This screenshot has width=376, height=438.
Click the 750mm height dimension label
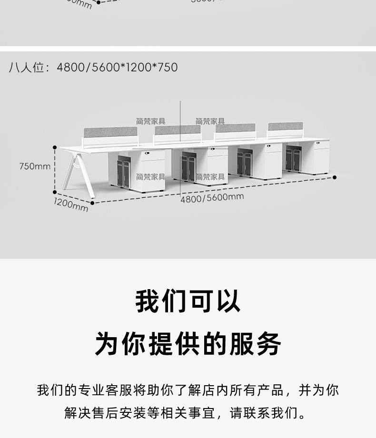pos(35,166)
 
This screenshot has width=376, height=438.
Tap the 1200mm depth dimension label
pos(70,204)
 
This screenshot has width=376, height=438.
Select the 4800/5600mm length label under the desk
pos(212,198)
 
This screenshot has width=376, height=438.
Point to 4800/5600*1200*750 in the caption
pos(117,68)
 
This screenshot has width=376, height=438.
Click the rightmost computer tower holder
pos(293,159)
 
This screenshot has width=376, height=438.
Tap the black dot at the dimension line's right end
pos(335,177)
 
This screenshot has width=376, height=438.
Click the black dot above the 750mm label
pos(55,147)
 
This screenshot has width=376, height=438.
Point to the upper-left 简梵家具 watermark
pos(150,122)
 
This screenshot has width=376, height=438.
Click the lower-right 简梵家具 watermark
pos(210,177)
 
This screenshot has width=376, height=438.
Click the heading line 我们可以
pos(188,301)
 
